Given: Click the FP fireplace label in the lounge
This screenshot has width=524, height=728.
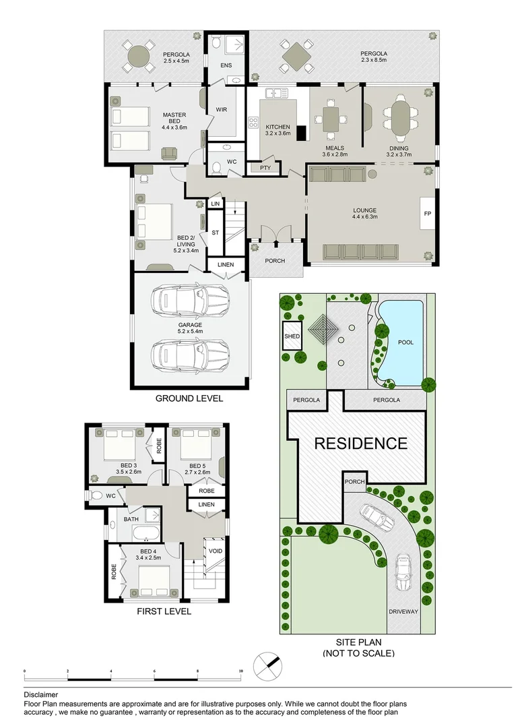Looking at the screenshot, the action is [427, 214].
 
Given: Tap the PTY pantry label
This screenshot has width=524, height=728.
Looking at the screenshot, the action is [265, 168].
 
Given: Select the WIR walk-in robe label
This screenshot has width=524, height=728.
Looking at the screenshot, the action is [221, 110].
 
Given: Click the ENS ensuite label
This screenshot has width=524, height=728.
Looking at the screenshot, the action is [226, 65].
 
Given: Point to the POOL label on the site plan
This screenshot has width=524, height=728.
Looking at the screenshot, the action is [405, 342].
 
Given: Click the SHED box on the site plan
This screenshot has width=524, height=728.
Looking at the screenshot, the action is [292, 336].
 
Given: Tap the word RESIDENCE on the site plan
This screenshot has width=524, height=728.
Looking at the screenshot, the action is [361, 444].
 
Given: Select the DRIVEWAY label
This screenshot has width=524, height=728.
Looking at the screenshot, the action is [403, 611].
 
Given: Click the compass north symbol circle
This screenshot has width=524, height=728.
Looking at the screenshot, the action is [268, 666].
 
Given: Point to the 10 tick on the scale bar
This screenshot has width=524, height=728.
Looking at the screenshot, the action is [240, 671].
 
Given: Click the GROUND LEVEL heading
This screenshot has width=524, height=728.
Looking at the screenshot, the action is [189, 398].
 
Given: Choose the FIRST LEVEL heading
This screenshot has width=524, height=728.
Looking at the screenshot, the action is [164, 611].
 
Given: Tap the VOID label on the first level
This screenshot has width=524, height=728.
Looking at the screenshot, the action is [215, 551].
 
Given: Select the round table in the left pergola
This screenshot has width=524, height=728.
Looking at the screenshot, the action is [138, 57].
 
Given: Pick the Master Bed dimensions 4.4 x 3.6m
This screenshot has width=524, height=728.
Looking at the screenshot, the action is [174, 127].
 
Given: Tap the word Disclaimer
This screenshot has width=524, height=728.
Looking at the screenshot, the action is [41, 695].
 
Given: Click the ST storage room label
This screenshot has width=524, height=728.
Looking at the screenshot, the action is [215, 233].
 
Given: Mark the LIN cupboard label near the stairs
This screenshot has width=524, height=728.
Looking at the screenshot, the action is [215, 204].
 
